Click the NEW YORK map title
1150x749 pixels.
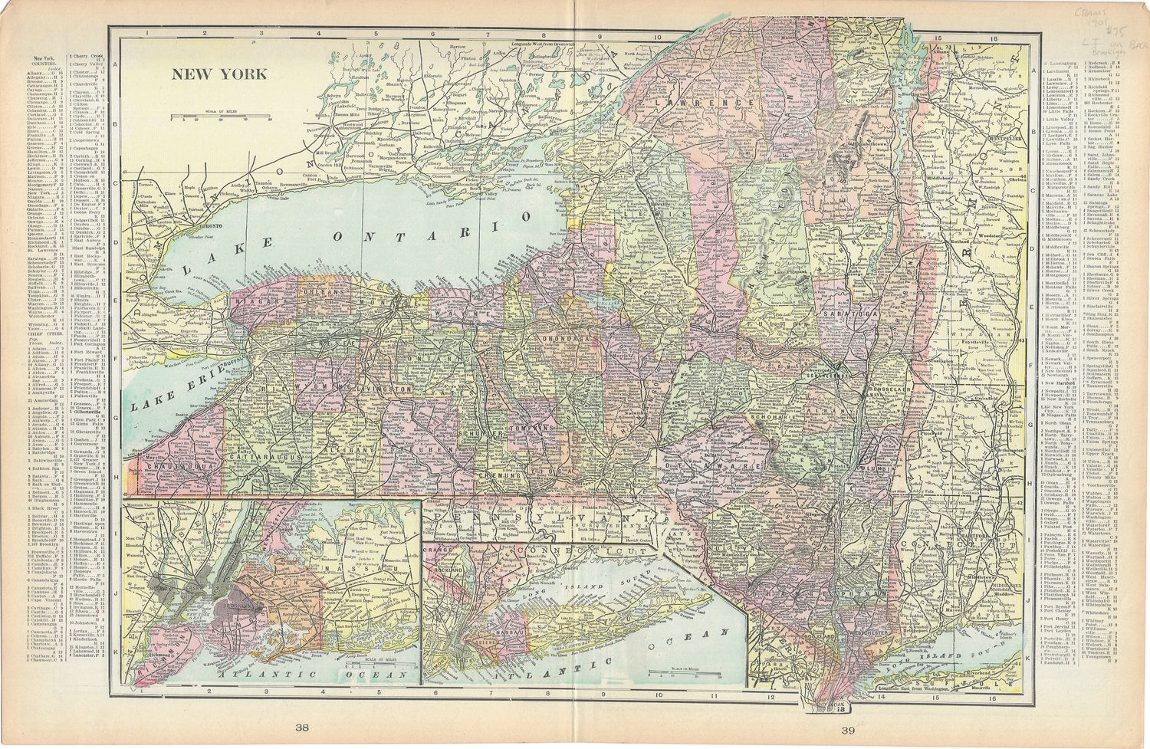[x=219, y=74]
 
